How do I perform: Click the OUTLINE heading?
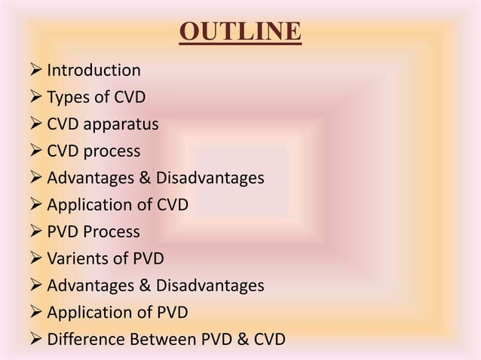240,33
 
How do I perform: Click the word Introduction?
93,71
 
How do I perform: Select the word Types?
68,98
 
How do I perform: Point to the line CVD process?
93,151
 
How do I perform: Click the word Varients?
78,259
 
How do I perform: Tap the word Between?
158,339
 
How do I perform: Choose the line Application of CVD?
117,205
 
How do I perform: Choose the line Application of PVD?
117,313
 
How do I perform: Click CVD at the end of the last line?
267,339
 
